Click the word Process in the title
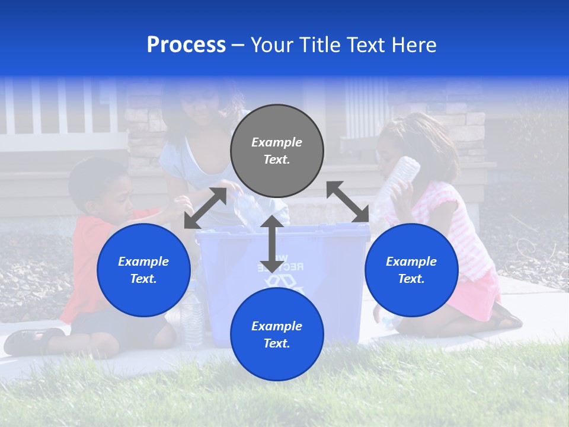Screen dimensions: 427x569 pyautogui.click(x=186, y=45)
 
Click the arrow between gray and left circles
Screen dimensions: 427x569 pyautogui.click(x=205, y=208)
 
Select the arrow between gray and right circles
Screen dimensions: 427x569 pyautogui.click(x=348, y=202)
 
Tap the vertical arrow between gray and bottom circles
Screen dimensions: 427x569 pyautogui.click(x=271, y=244)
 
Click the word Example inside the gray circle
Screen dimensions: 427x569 pyautogui.click(x=277, y=142)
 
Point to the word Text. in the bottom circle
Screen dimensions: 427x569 pyautogui.click(x=277, y=343)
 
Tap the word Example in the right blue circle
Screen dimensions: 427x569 pyautogui.click(x=411, y=262)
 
